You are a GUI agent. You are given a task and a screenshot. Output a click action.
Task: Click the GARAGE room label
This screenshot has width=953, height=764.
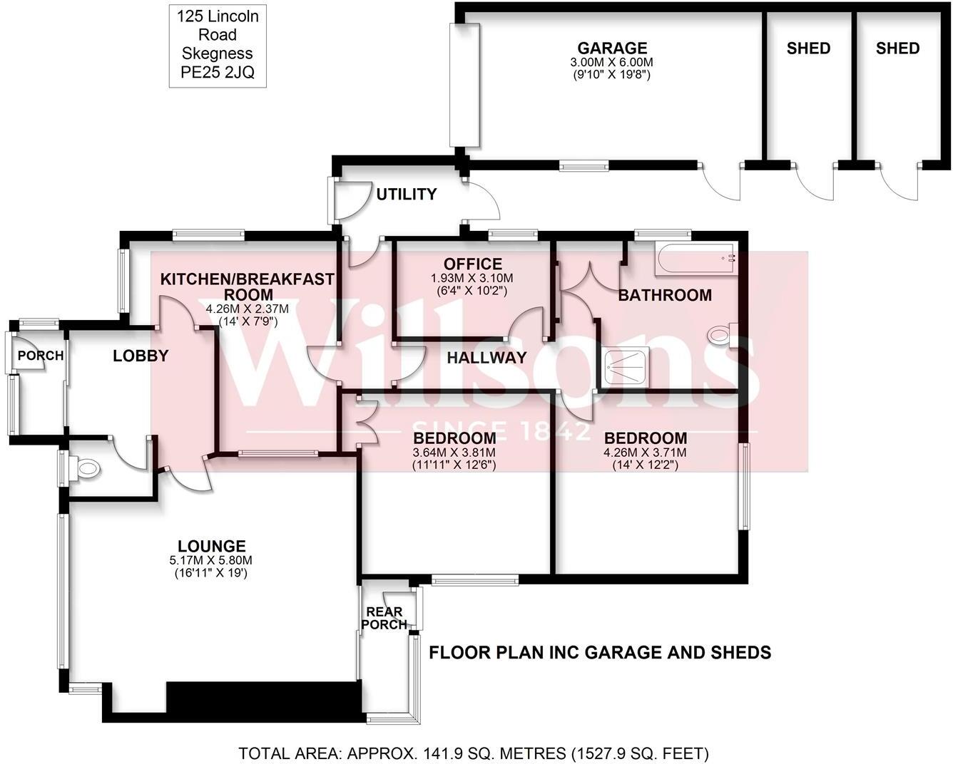(612, 48)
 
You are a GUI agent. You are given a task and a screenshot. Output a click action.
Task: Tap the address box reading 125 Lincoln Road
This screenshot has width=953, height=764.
(218, 44)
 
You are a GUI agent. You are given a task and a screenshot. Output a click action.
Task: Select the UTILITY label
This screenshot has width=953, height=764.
(406, 195)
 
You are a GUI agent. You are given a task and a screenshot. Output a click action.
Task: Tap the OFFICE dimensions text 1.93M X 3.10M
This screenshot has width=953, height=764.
(472, 278)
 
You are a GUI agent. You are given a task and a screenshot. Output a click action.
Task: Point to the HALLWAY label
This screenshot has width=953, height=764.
(486, 358)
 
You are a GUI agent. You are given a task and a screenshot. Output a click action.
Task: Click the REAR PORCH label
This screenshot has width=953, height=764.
(384, 618)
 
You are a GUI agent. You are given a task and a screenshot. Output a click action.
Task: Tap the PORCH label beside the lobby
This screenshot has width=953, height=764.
(41, 356)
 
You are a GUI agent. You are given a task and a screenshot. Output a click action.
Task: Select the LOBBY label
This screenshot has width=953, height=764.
(141, 356)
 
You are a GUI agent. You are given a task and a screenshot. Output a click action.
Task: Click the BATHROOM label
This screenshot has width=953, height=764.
(664, 295)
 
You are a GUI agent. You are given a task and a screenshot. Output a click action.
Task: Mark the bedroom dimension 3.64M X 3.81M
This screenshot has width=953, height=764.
(454, 452)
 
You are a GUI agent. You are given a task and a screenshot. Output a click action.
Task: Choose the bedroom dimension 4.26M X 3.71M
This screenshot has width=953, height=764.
(645, 452)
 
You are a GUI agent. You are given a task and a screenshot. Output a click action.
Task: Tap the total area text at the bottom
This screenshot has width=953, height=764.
(473, 753)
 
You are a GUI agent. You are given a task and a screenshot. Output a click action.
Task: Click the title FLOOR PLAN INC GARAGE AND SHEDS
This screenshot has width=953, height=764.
(599, 652)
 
